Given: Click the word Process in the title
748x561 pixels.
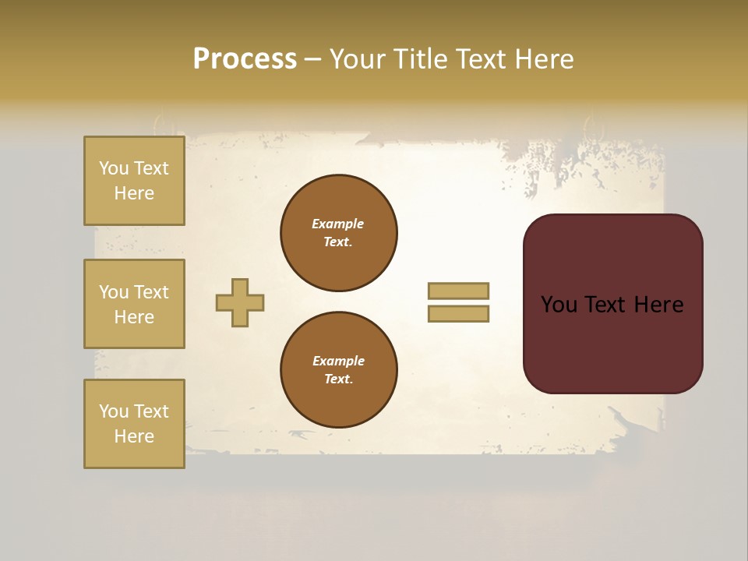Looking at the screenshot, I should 245,59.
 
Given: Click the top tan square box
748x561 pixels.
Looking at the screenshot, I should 134,181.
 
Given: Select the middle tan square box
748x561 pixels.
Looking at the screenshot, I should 134,304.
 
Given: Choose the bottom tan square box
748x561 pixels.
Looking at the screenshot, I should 134,424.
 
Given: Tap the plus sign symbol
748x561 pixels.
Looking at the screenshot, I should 240,302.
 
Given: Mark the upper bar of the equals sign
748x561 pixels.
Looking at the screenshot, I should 458,291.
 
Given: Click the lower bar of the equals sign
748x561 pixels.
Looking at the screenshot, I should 458,314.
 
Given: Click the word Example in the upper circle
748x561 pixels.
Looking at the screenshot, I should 337,224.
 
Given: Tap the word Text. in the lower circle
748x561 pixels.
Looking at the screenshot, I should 338,379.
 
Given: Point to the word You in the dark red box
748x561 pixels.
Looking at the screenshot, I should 559,305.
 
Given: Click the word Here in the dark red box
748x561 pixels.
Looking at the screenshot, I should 658,305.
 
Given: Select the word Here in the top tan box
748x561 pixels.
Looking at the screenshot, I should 134,193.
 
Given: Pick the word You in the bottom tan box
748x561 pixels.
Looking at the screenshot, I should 114,411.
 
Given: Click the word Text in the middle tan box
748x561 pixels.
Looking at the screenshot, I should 150,292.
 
